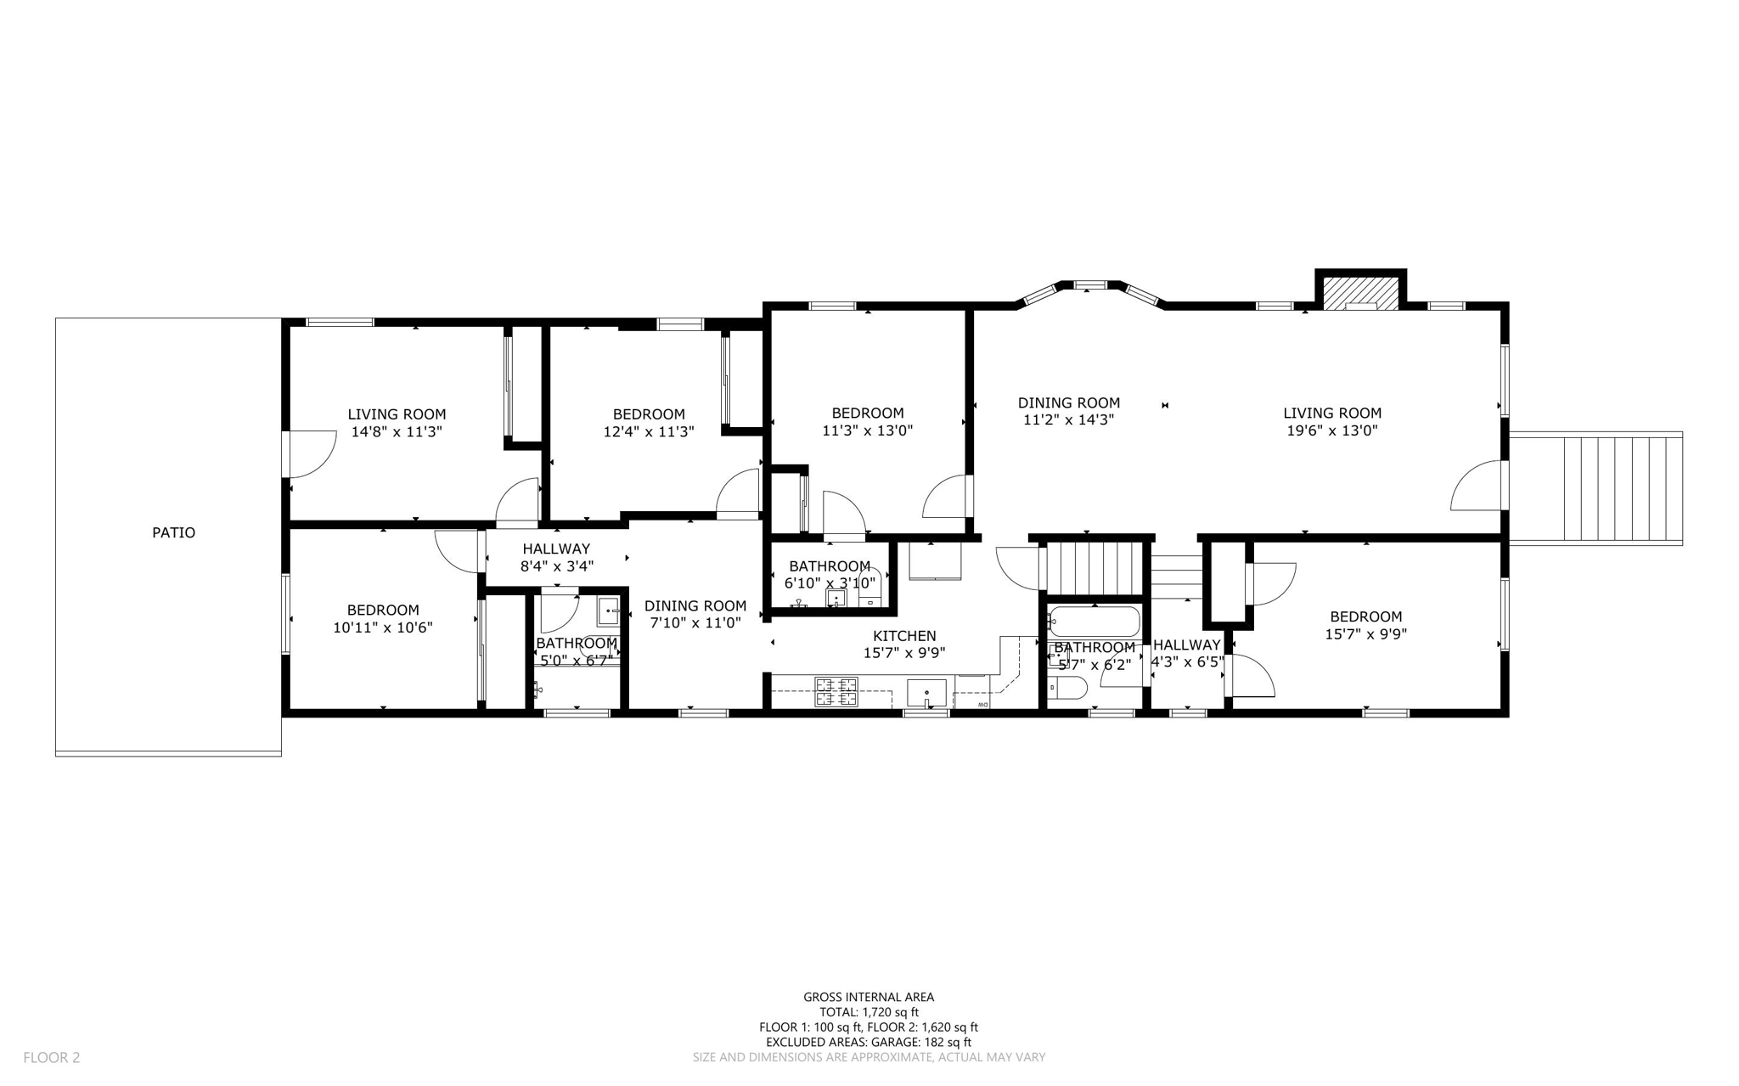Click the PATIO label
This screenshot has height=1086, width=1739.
pos(173,532)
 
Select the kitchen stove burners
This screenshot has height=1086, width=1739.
pos(836,691)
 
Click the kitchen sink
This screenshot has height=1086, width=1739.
pos(926,693)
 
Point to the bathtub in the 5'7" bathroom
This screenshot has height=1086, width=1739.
pos(1094,622)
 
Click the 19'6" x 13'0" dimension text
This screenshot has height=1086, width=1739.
pos(1331,430)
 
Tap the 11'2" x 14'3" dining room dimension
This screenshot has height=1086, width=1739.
pos(1068,419)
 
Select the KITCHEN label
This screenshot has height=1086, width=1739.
pos(904,636)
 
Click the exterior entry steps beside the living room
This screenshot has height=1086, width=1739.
pos(1595,488)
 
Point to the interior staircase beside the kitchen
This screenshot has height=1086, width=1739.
pos(1095,569)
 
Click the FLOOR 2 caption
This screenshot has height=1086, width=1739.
pos(51,1057)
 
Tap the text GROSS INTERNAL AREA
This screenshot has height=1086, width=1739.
pos(869,997)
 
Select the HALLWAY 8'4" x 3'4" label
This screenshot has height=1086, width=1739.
pos(556,557)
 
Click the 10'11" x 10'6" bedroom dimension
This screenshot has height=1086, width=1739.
pos(383,627)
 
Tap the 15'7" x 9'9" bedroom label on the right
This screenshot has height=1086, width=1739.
pos(1365,625)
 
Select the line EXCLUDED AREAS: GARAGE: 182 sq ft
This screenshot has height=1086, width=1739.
pos(869,1042)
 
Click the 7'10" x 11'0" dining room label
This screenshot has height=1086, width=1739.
pos(695,614)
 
